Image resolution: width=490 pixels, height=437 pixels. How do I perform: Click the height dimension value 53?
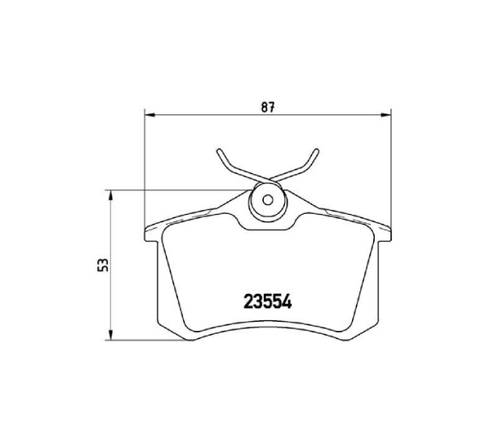point(101,265)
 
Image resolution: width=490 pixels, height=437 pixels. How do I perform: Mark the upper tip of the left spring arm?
point(218,151)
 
